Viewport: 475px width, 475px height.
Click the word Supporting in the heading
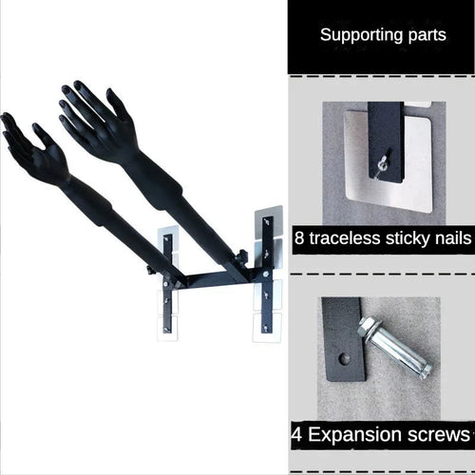[361, 35]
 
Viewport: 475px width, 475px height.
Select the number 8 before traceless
[299, 238]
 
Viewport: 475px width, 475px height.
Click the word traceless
[345, 238]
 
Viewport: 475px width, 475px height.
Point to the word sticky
[408, 239]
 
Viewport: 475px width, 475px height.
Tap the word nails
[453, 238]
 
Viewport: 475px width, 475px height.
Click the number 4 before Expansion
[296, 434]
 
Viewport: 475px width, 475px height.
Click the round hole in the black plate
[344, 359]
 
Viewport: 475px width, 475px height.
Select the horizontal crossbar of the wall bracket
[218, 280]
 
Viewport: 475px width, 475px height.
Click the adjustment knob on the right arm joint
[242, 254]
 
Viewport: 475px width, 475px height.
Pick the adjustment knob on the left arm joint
[149, 271]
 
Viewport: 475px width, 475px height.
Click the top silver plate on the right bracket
[268, 222]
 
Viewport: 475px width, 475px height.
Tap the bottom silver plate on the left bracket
[168, 329]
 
